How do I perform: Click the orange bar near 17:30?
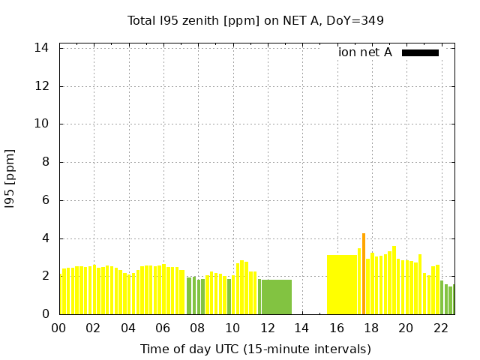tap(364, 274)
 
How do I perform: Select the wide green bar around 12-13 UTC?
tap(277, 297)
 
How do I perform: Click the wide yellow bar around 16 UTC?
tap(342, 285)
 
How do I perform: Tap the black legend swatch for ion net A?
tap(420, 52)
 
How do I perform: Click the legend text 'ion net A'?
tap(365, 52)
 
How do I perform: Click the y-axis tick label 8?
tap(46, 162)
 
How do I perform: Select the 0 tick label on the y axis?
tap(46, 314)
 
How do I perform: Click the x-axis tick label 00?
tap(59, 328)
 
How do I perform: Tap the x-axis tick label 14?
tap(301, 328)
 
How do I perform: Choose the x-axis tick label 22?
tap(440, 328)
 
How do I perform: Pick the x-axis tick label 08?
tap(198, 328)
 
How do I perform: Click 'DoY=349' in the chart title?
tap(358, 20)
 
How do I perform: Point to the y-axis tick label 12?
tap(42, 86)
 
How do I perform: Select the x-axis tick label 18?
tap(370, 328)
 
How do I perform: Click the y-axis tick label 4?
tap(46, 238)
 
